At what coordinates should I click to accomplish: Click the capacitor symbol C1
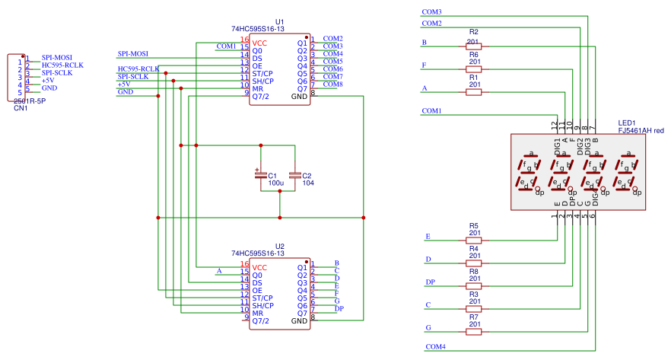[x=261, y=175]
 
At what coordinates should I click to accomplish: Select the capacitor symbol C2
[x=296, y=175]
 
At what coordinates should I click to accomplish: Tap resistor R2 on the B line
[x=473, y=47]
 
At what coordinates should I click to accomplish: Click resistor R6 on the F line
[x=473, y=70]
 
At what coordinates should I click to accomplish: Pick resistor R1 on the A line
[x=473, y=93]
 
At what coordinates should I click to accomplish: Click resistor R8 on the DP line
[x=473, y=286]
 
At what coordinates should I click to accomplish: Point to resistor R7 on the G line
[x=473, y=332]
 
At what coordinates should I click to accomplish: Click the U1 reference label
[x=279, y=21]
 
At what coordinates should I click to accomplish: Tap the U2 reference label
[x=279, y=246]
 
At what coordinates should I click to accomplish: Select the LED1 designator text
[x=627, y=123]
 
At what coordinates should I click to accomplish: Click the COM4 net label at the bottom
[x=435, y=347]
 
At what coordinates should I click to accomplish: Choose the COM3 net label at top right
[x=431, y=12]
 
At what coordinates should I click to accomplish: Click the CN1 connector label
[x=21, y=108]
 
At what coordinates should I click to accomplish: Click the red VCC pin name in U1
[x=259, y=43]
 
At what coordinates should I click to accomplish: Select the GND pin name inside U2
[x=300, y=321]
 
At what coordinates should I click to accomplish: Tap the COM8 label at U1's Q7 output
[x=333, y=84]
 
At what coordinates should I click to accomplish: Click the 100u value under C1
[x=275, y=183]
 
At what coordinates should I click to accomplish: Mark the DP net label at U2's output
[x=339, y=308]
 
